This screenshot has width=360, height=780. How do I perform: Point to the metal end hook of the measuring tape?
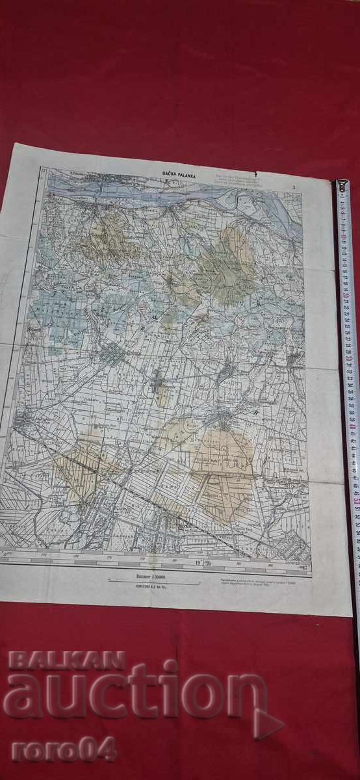(x=341, y=186)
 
